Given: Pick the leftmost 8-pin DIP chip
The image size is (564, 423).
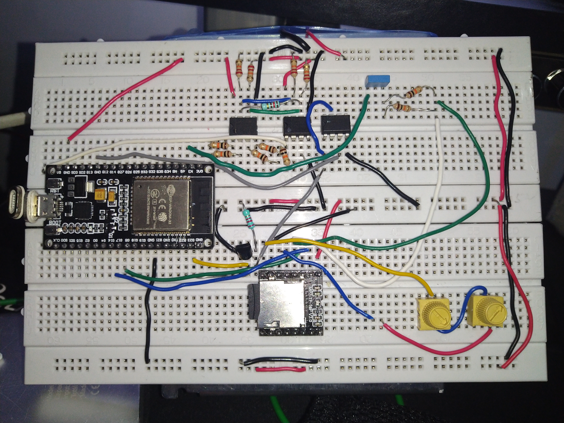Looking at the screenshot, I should pos(243,126).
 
